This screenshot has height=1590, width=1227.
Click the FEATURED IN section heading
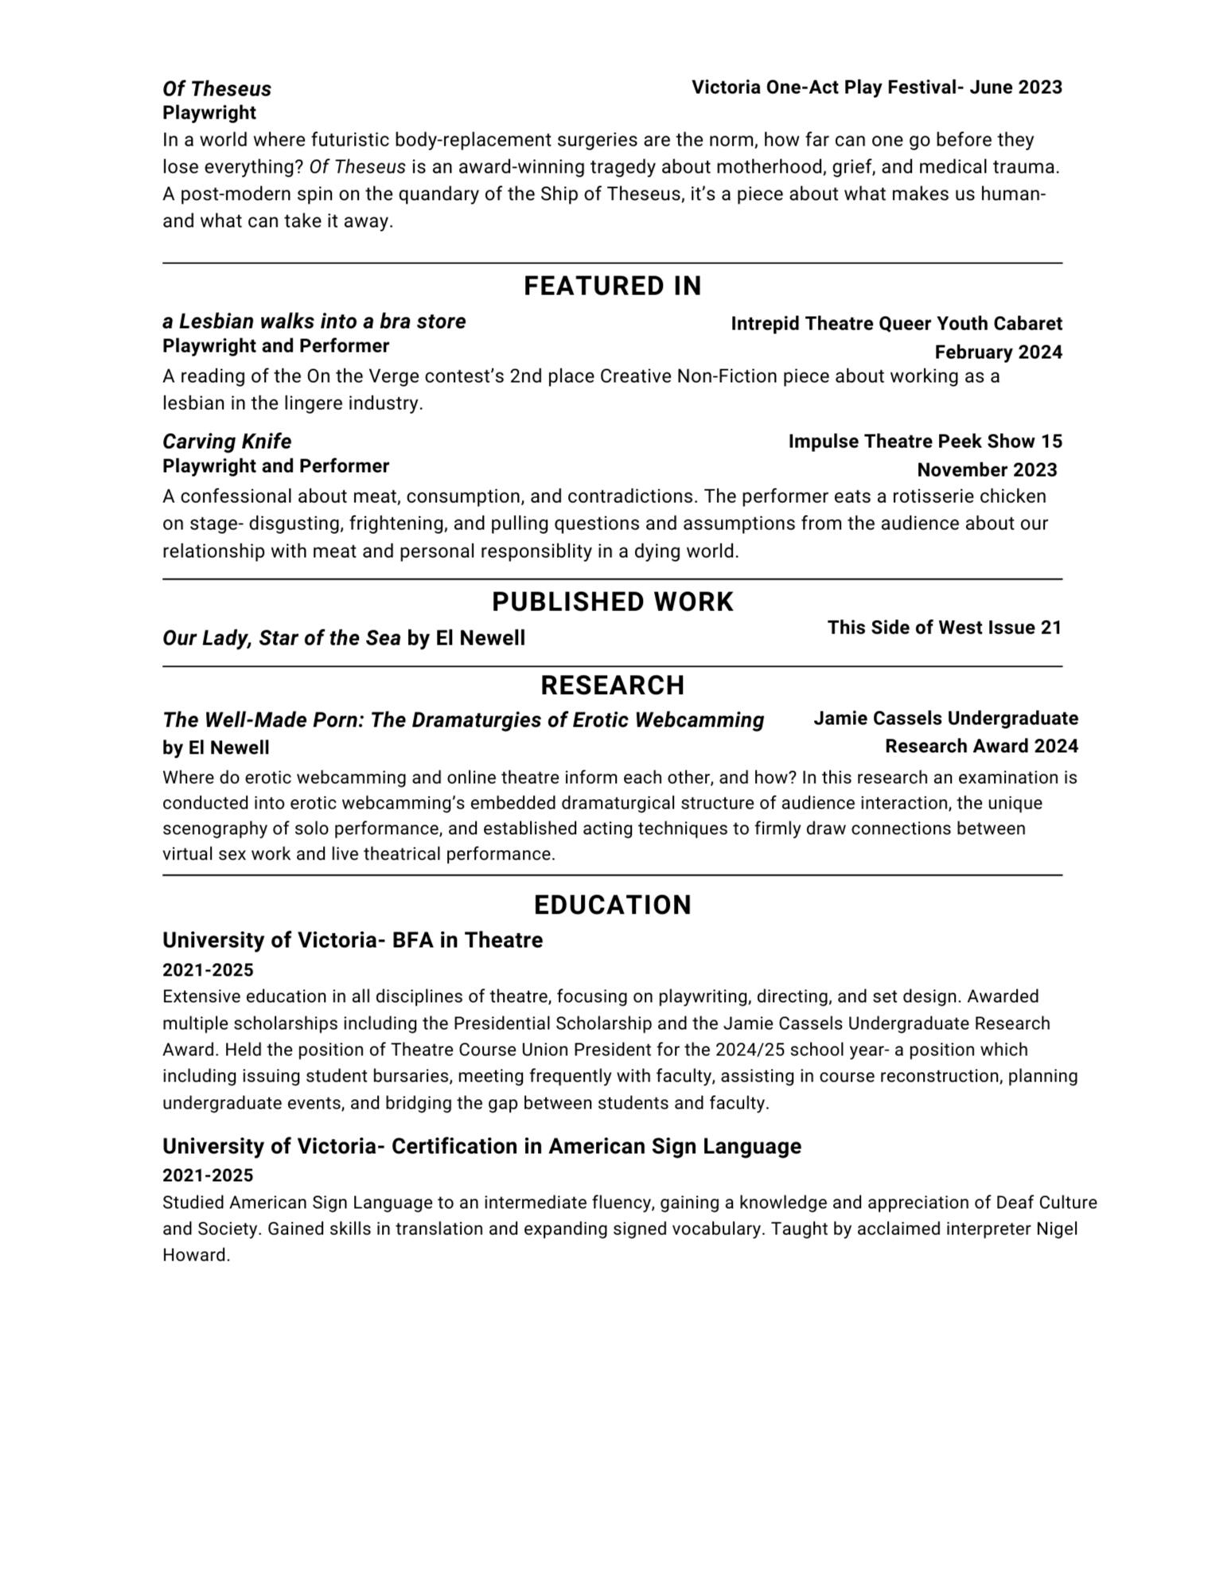coord(612,286)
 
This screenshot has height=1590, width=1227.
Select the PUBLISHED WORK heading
coord(612,602)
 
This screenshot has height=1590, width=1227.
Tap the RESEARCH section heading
coord(612,685)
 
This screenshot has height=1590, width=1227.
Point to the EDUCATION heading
coord(612,905)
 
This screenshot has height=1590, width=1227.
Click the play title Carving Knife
coord(227,442)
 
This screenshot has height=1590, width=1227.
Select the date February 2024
coord(998,353)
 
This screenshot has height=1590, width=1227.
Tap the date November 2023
coord(987,470)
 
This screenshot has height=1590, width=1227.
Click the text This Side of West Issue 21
coord(945,628)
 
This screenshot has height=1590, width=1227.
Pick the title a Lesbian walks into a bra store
coord(314,322)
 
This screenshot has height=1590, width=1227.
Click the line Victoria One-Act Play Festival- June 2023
coord(876,88)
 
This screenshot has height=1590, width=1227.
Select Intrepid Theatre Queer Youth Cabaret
coord(896,324)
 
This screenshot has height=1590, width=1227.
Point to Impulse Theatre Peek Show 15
coord(925,442)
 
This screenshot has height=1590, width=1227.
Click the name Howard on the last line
coord(195,1256)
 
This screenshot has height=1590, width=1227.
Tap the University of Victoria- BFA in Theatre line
coord(353,941)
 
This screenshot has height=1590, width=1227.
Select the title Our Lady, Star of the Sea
coord(282,638)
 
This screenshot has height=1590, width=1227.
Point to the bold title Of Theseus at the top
coord(216,89)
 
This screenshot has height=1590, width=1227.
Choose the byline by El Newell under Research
coord(216,748)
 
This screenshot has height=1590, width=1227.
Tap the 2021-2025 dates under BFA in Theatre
coord(208,970)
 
